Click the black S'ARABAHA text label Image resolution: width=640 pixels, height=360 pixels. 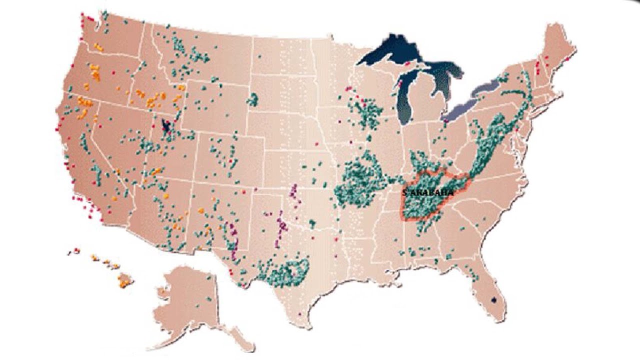[x=428, y=192]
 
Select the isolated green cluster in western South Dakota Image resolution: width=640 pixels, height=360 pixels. [x=253, y=99]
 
